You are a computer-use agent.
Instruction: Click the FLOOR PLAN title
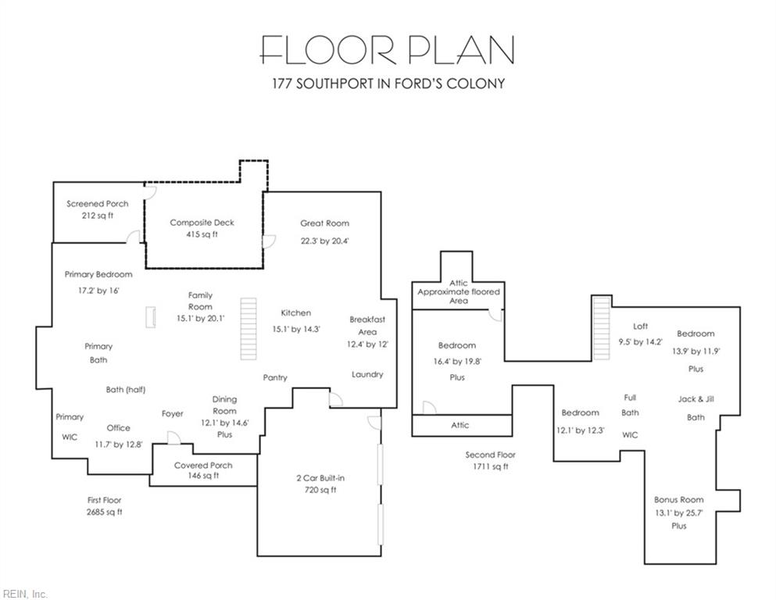[388, 49]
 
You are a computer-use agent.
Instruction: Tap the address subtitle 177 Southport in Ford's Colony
[388, 83]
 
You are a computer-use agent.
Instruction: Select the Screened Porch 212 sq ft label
[98, 209]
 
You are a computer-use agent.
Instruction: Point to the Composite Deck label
[202, 223]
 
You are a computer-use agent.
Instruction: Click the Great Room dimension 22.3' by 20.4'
[324, 241]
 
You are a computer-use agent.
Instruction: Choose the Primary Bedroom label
[98, 274]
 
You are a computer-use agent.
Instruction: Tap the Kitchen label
[296, 312]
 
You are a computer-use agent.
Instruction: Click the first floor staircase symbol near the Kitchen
[249, 328]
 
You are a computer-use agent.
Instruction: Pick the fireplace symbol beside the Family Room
[152, 317]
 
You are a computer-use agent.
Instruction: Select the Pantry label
[275, 377]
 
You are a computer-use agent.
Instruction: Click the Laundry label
[367, 374]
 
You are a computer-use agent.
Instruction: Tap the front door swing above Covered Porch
[173, 437]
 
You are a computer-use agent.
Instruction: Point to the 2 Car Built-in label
[320, 478]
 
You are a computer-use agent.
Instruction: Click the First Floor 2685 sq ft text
[105, 506]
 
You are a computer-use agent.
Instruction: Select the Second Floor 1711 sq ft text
[491, 460]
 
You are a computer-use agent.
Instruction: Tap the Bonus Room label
[678, 499]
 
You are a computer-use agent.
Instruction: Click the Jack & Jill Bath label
[696, 408]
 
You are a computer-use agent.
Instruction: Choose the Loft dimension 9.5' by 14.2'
[640, 342]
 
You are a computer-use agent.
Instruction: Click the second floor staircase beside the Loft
[601, 329]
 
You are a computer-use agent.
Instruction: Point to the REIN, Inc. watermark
[24, 594]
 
